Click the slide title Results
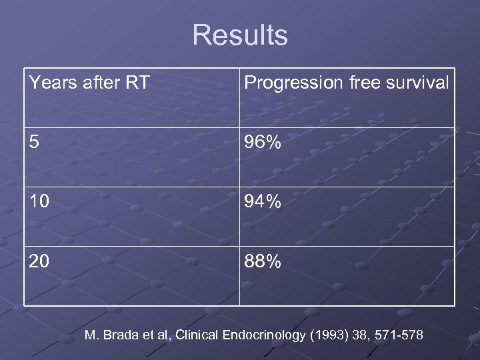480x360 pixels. point(240,35)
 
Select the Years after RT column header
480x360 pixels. point(89,83)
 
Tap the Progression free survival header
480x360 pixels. point(347,83)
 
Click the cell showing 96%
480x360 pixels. point(263,143)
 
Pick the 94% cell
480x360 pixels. point(263,202)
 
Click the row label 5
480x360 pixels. point(34,143)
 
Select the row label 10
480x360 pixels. point(39,202)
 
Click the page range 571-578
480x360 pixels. point(399,335)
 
